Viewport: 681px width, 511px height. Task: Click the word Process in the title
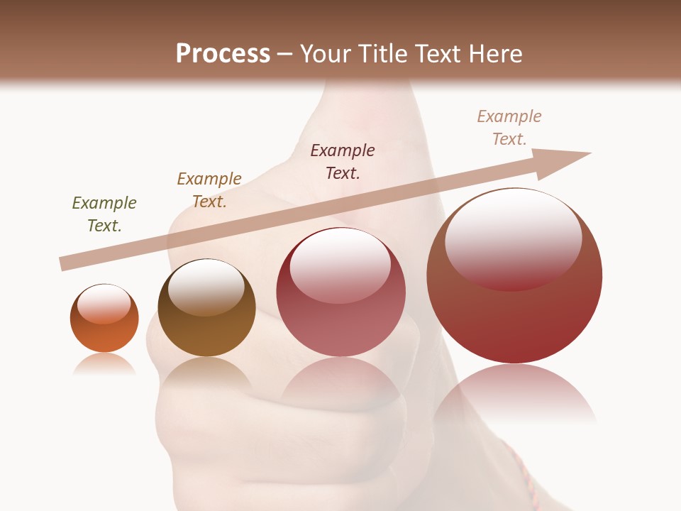pyautogui.click(x=223, y=54)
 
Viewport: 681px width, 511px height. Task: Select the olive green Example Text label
pyautogui.click(x=104, y=214)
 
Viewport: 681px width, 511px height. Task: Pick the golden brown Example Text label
pyautogui.click(x=209, y=190)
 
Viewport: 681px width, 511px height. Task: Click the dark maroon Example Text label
pyautogui.click(x=343, y=162)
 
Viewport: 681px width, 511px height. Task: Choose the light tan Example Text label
pyautogui.click(x=509, y=128)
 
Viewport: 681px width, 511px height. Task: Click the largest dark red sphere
pyautogui.click(x=514, y=319)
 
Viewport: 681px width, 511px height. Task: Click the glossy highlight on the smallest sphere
pyautogui.click(x=104, y=304)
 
